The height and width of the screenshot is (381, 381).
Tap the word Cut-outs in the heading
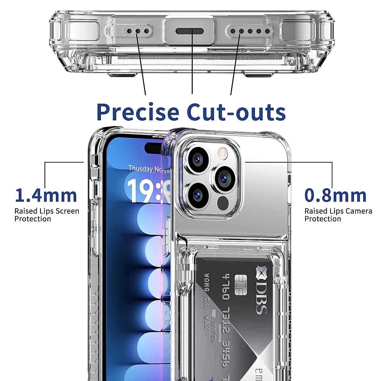pos(236,112)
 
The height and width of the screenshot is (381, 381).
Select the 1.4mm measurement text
pos(46,195)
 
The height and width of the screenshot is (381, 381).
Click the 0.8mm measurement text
pos(335,195)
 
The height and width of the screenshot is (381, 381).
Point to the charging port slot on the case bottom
pos(190,31)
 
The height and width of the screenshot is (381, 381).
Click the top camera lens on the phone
pos(197,159)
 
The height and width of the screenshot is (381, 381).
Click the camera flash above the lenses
pos(222,154)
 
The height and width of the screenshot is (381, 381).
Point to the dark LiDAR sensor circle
pos(223,203)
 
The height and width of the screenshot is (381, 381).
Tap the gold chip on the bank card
pos(241,284)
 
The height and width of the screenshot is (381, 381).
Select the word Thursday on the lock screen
pos(140,168)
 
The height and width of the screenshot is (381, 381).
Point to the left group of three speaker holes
pos(137,31)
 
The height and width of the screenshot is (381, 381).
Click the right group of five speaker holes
pos(250,31)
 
